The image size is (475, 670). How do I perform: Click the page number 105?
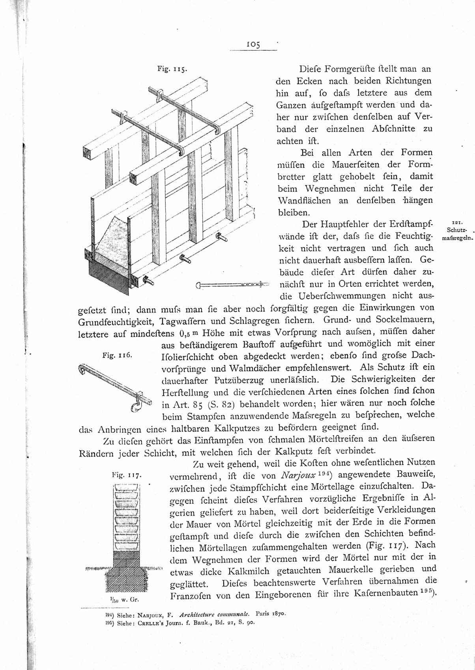pyautogui.click(x=253, y=45)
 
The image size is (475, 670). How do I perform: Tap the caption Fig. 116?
pyautogui.click(x=114, y=355)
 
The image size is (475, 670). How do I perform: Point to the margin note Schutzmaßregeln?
pyautogui.click(x=457, y=234)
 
